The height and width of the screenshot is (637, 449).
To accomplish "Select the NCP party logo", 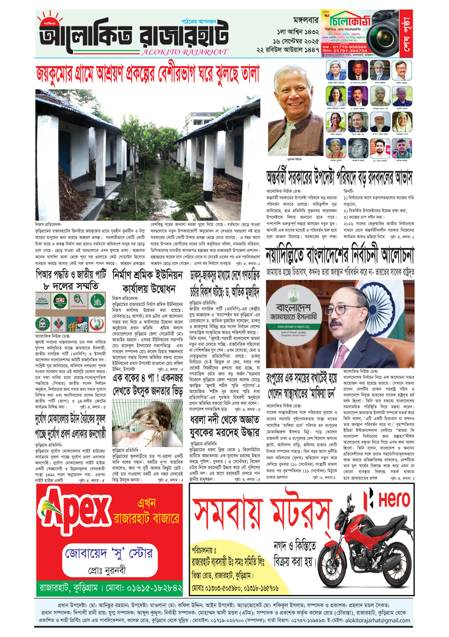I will (x=60, y=301).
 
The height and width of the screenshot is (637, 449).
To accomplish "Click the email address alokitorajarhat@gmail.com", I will (x=377, y=620).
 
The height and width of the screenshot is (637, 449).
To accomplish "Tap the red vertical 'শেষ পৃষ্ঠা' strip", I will (x=406, y=33).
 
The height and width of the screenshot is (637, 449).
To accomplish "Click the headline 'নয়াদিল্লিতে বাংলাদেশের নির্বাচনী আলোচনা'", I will (x=340, y=255).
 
